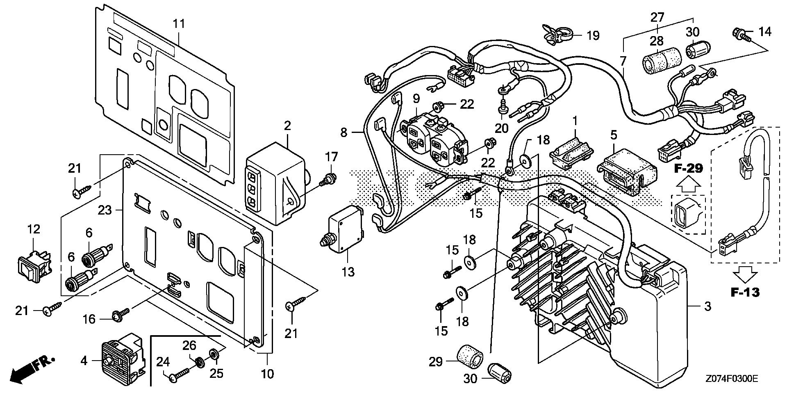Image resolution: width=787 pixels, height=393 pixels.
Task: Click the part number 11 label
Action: coord(179,24)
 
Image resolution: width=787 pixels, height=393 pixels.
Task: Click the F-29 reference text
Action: coord(689,168)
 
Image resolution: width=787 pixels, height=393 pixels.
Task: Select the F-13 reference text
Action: coord(745,292)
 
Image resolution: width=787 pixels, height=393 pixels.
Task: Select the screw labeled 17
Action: coord(328,179)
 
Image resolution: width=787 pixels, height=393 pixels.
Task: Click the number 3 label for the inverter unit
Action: coord(707,306)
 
